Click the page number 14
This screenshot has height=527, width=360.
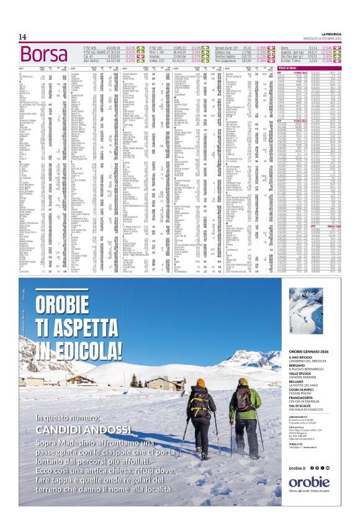(22, 37)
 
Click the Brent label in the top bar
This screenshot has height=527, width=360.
(285, 47)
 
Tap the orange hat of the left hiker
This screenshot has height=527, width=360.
(200, 382)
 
